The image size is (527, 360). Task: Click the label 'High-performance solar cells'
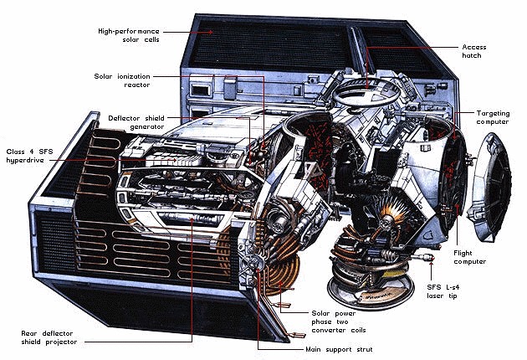[x=129, y=35]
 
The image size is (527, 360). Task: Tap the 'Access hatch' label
[x=474, y=51]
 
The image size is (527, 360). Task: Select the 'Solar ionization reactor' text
[x=122, y=80]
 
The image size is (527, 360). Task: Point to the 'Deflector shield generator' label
[x=136, y=122]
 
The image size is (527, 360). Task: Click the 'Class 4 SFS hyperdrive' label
[x=29, y=156]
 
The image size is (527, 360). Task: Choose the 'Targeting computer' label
[x=493, y=117]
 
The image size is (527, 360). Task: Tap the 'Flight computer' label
[x=469, y=257]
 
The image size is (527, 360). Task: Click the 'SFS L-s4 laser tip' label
[x=443, y=291]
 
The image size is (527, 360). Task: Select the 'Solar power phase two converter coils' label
[x=339, y=321]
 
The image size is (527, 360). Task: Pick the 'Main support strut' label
[x=339, y=349]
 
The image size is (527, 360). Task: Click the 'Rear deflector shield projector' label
[x=49, y=337]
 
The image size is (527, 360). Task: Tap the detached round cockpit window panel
[x=489, y=188]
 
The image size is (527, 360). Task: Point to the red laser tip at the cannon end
[x=432, y=258]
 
